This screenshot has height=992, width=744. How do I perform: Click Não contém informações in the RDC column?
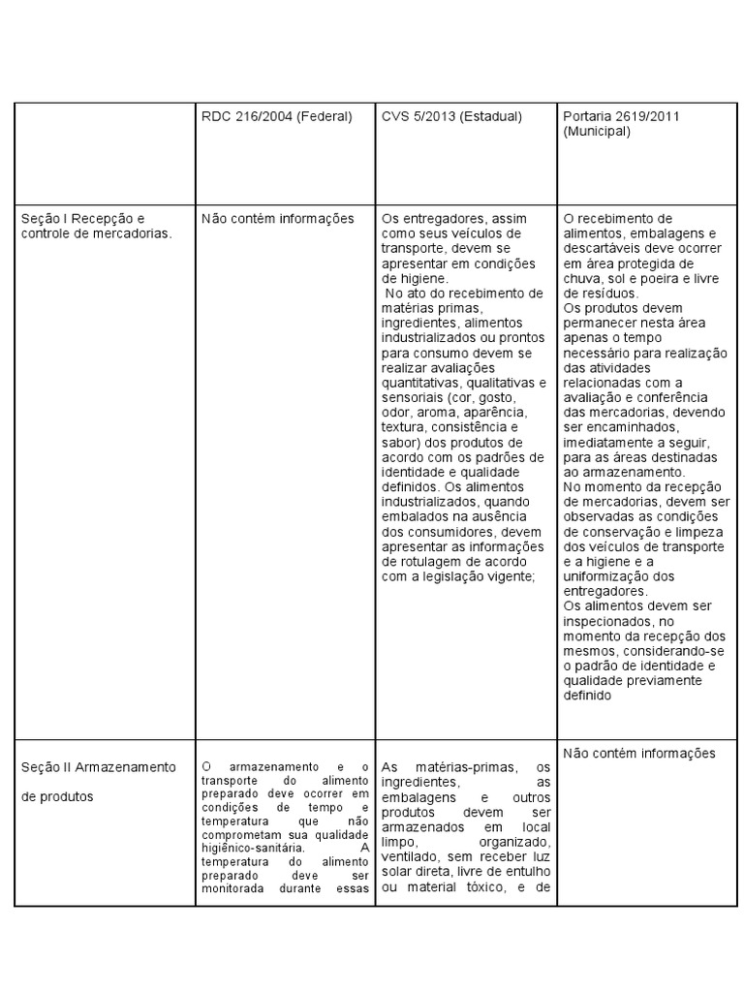278,219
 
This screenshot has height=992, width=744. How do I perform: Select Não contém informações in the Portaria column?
639,753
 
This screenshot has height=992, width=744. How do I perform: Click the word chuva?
581,278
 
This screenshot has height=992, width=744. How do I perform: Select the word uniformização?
604,576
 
